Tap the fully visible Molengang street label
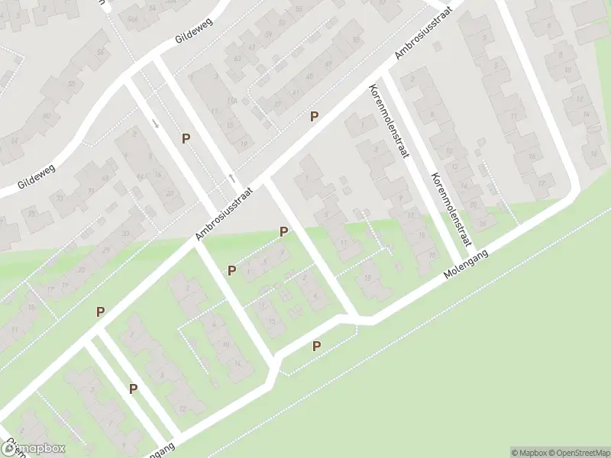466,263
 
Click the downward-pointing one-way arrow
156,123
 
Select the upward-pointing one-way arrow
231,179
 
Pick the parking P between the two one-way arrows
186,138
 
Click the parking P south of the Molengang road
316,346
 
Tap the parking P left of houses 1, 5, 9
231,270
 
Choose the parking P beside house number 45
313,116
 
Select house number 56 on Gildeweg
100,52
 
